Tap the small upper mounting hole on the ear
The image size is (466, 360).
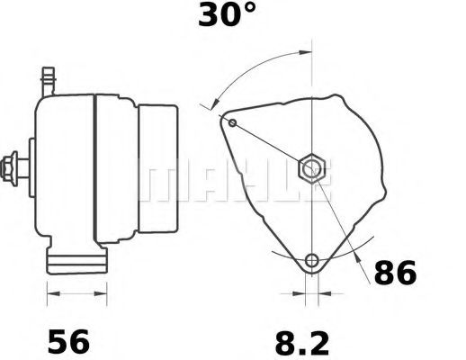(x=233, y=122)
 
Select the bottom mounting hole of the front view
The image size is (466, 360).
(x=311, y=262)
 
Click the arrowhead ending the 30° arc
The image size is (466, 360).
(x=216, y=107)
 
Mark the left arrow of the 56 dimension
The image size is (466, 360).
(x=50, y=293)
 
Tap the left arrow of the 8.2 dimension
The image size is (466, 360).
(x=300, y=293)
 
